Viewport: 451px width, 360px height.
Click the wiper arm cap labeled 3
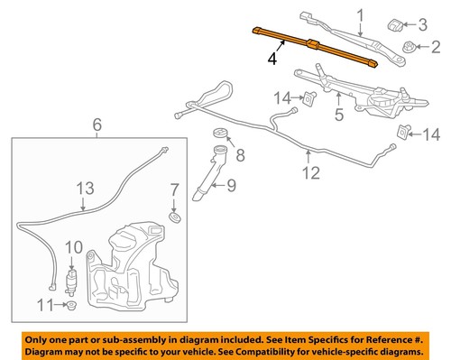point(396,23)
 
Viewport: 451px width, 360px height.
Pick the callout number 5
point(339,115)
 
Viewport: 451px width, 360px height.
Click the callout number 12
point(310,174)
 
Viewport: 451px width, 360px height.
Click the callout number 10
point(74,246)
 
